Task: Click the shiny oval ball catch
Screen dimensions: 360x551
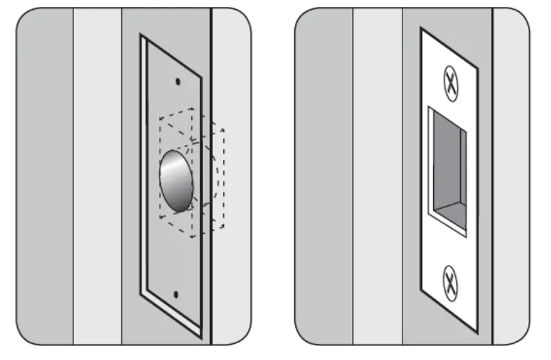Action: coord(176,182)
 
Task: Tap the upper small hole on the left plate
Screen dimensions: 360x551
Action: coord(177,82)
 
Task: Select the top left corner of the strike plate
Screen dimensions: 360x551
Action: coord(421,29)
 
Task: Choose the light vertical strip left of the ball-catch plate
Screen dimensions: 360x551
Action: coord(97,174)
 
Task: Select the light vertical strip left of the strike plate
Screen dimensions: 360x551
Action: coord(377,174)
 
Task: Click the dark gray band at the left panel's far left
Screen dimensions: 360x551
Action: coord(45,174)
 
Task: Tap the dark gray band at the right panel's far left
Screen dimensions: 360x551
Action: coord(324,174)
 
